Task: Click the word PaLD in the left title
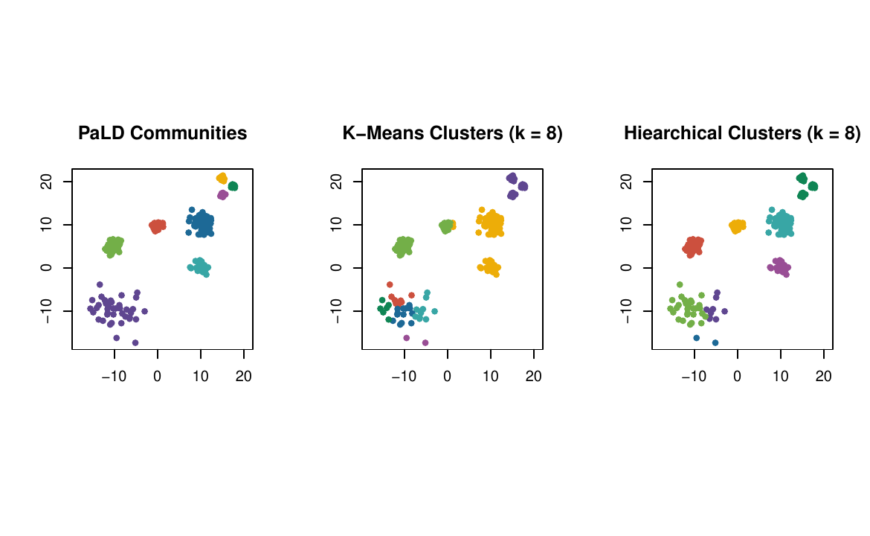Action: click(x=102, y=134)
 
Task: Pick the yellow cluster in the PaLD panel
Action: click(x=222, y=178)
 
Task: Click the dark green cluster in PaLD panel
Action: click(x=233, y=186)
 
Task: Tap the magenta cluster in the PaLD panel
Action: click(x=222, y=195)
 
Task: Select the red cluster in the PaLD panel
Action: click(x=157, y=225)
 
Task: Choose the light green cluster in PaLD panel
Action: click(x=112, y=246)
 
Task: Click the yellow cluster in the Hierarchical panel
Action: click(x=737, y=225)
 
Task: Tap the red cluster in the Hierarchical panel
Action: click(x=693, y=246)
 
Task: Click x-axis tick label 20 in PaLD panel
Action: click(x=243, y=377)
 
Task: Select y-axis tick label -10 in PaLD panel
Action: click(x=47, y=310)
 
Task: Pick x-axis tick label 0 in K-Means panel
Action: click(x=447, y=377)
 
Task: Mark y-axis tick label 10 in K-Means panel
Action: click(x=337, y=224)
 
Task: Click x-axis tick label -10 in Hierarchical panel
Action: click(x=694, y=377)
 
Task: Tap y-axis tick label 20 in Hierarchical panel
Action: click(x=627, y=181)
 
